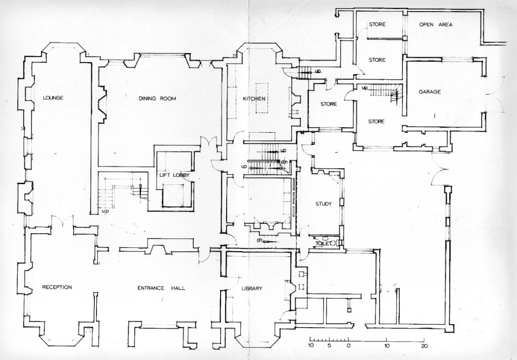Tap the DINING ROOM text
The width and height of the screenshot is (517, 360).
158,99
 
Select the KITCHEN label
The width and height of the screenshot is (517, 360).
254,98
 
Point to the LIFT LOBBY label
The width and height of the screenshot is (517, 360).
174,176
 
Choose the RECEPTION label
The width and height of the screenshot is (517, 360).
57,287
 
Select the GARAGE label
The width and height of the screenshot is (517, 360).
430,92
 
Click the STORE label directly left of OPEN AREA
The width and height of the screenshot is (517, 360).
377,25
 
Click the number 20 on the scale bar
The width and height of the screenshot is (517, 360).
425,346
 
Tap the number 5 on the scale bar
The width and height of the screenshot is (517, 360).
329,346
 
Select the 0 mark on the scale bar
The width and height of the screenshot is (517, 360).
348,346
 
